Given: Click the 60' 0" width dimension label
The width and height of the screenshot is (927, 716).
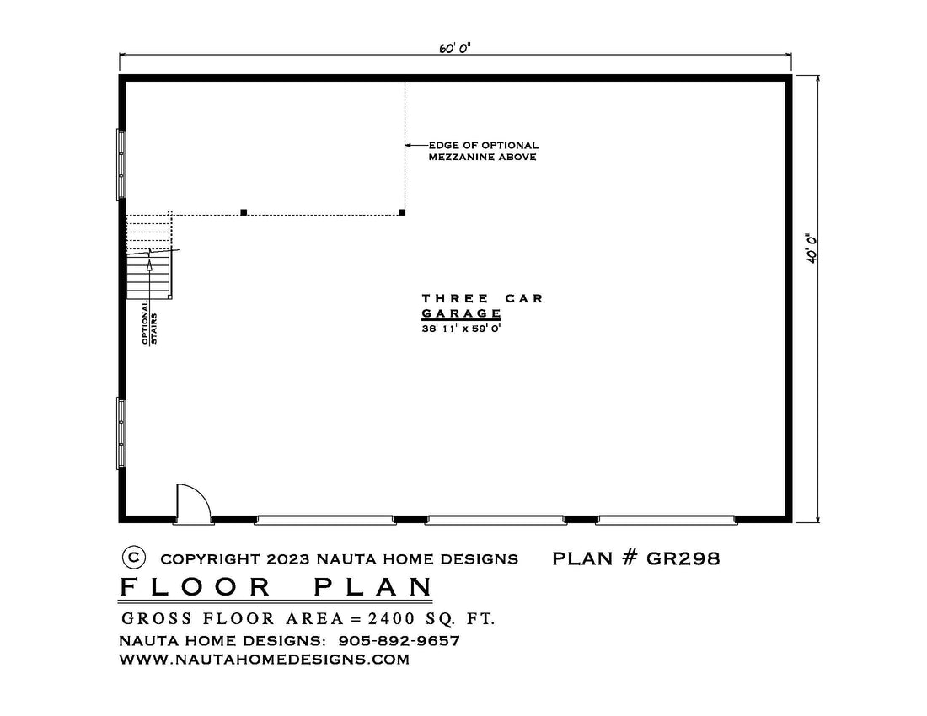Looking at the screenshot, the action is (454, 48).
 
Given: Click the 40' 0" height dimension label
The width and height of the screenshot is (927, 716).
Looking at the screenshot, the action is (811, 248).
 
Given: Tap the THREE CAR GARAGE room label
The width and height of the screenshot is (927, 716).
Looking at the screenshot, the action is (482, 306).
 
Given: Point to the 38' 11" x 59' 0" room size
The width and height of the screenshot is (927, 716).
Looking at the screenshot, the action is (461, 329).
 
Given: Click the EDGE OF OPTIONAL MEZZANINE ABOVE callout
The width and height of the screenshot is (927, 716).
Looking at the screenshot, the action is (483, 151).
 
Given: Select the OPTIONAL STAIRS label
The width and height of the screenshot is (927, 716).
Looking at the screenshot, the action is (149, 322).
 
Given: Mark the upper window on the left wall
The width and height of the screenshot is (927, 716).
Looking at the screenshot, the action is (121, 164).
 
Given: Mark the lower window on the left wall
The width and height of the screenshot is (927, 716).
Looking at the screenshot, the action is (121, 434).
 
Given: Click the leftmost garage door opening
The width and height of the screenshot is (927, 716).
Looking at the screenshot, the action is (325, 520).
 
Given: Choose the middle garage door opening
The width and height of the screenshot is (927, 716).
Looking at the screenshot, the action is (496, 520).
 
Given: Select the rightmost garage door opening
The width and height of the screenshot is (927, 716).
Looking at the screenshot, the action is (667, 520).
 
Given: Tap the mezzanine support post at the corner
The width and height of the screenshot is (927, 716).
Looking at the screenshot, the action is (402, 212).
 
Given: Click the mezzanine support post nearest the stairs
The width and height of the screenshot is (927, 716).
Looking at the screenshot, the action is (244, 212).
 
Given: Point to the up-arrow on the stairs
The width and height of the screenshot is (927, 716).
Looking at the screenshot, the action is (149, 274).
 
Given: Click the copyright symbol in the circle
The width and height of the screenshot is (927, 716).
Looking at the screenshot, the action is (134, 557).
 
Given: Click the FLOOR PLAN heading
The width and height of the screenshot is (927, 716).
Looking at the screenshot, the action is (276, 586).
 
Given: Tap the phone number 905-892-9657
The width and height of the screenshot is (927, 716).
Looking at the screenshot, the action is (399, 640).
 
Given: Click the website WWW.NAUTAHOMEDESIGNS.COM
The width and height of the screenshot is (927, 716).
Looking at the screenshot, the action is (265, 660).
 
